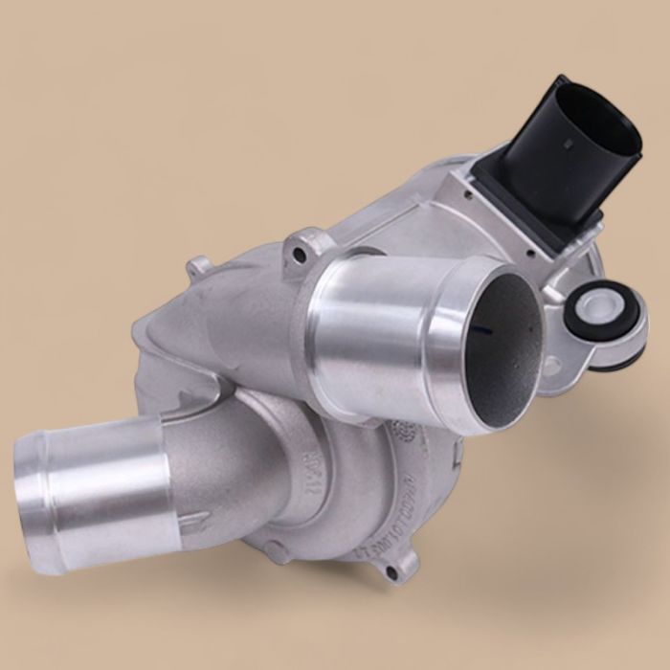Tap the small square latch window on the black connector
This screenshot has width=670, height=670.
coord(572,145)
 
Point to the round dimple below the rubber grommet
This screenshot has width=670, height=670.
coord(552,364)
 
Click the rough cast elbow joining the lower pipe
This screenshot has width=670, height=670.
coord(239,450)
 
